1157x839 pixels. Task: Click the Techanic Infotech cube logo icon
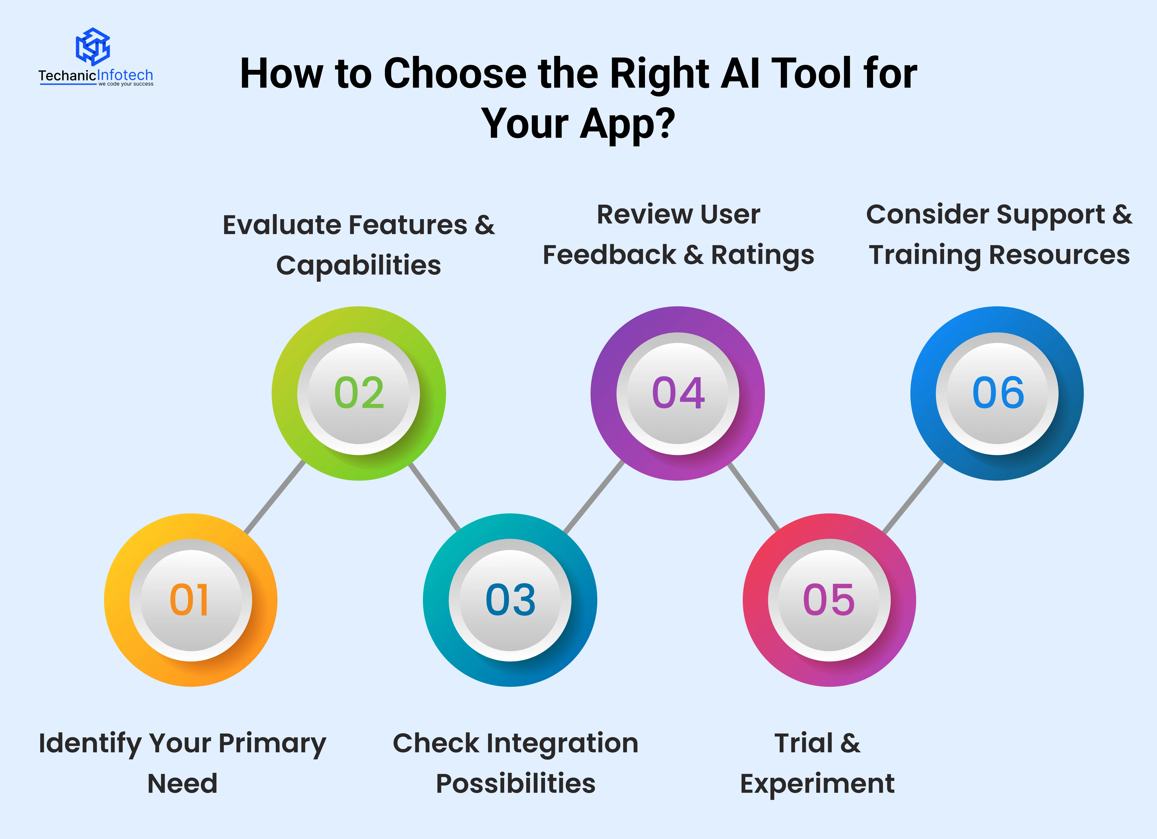point(93,46)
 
